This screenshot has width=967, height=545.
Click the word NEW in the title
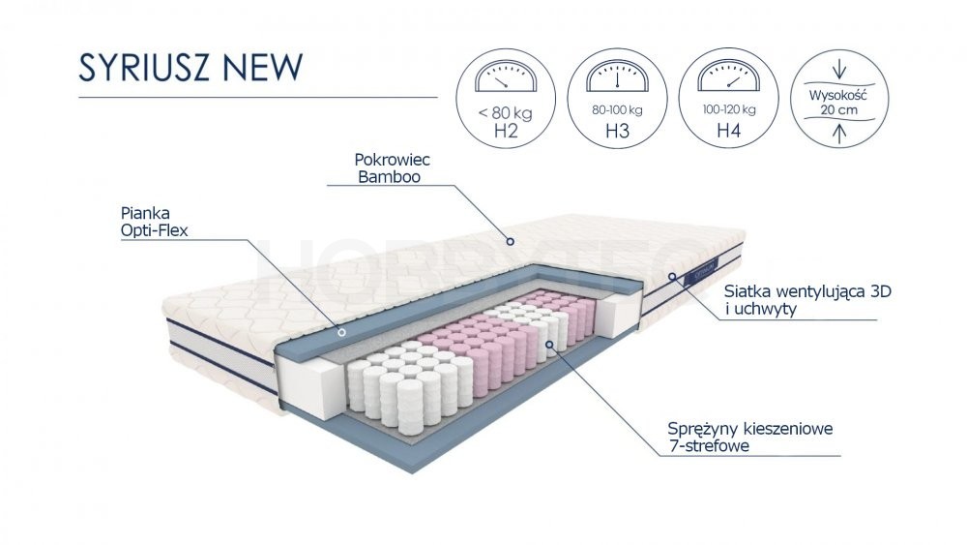[x=263, y=67]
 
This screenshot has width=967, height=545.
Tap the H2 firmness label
[x=506, y=131]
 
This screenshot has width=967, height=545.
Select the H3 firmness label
[x=617, y=131]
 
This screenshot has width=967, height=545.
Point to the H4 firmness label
[x=729, y=131]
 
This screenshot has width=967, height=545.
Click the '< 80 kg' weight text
[x=505, y=113]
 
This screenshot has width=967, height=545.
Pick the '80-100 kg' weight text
[x=617, y=110]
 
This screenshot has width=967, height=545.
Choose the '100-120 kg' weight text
[x=729, y=109]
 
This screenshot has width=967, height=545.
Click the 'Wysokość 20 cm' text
[x=838, y=103]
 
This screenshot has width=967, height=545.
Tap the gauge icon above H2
[x=506, y=76]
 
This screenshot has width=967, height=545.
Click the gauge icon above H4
[x=729, y=76]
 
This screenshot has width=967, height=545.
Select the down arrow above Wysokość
[x=839, y=69]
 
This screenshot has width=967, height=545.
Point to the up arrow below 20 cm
[x=839, y=134]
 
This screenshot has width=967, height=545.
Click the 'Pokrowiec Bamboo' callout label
[x=393, y=168]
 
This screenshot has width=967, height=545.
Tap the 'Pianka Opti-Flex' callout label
[x=154, y=223]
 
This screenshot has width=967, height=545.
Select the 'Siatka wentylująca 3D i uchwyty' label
[x=807, y=300]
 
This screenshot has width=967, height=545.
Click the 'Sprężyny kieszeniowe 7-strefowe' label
[x=750, y=437]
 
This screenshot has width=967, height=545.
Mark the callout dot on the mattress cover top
[x=510, y=241]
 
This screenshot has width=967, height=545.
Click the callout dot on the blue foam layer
[x=341, y=332]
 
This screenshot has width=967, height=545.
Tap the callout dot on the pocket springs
[x=549, y=345]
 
